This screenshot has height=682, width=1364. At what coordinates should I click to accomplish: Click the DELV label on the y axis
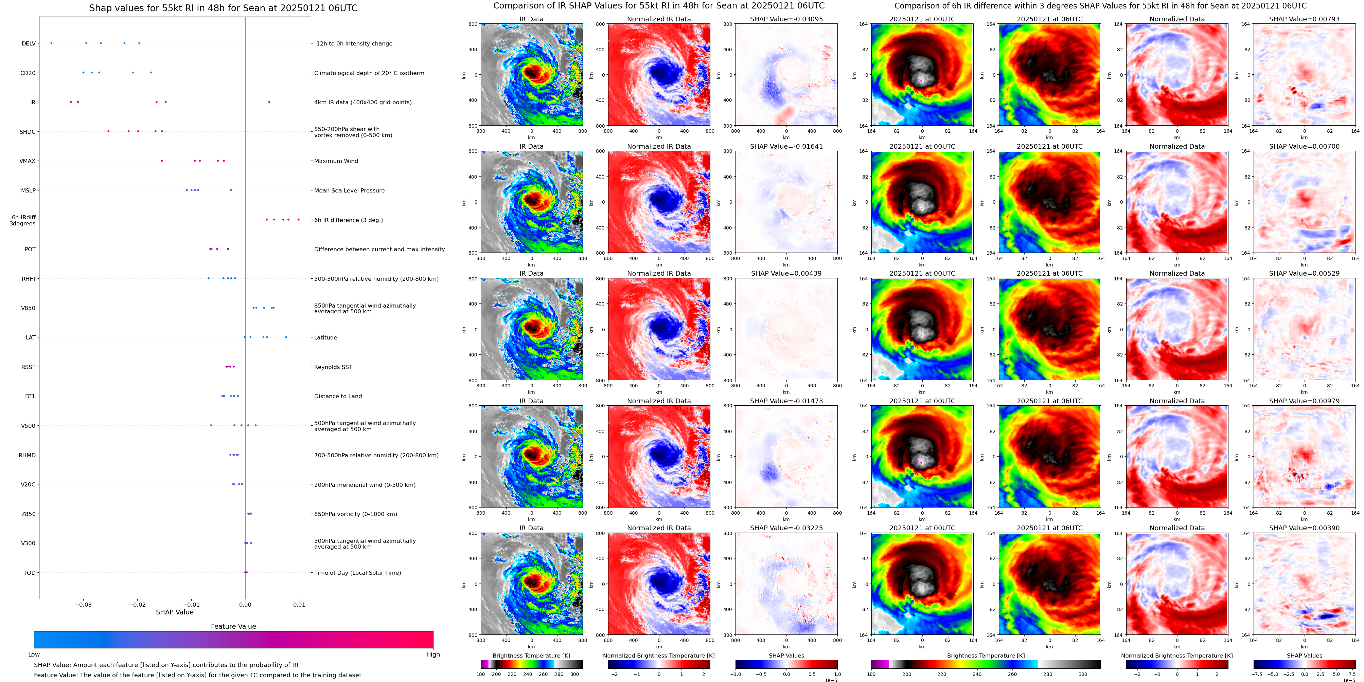pos(29,43)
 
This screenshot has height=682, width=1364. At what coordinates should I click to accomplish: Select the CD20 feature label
pos(28,73)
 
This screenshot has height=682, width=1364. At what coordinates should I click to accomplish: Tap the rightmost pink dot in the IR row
pos(269,102)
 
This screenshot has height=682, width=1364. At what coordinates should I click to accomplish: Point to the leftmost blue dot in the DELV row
pos(51,43)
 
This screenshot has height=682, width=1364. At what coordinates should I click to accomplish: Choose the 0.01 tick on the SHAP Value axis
pos(299,604)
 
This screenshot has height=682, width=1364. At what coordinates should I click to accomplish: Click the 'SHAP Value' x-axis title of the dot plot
pos(174,612)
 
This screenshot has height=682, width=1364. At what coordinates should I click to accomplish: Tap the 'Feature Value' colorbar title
pos(233,626)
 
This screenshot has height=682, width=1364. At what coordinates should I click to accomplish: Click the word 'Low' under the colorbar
pos(34,655)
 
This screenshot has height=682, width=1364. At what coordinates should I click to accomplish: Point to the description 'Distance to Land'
pos(338,396)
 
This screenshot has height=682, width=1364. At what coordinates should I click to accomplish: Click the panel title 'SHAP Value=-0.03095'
pos(786,19)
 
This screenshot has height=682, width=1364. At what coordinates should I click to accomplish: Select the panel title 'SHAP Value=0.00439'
pos(786,274)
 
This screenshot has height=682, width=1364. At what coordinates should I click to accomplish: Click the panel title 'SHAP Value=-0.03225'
pos(786,528)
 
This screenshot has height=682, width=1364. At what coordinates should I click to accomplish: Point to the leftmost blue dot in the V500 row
pos(211,425)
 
